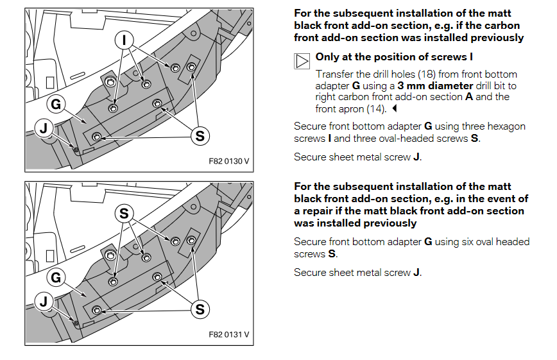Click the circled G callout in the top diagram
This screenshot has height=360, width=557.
point(56,103)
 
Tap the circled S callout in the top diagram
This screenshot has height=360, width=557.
point(200,135)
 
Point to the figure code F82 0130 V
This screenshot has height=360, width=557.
point(229,160)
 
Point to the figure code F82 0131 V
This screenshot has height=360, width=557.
point(229,334)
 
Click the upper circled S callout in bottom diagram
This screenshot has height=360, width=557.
point(124,214)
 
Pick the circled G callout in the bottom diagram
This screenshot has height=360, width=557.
point(56,277)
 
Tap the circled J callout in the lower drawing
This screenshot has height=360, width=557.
point(44,302)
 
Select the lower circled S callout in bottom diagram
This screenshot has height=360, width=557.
point(200,309)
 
